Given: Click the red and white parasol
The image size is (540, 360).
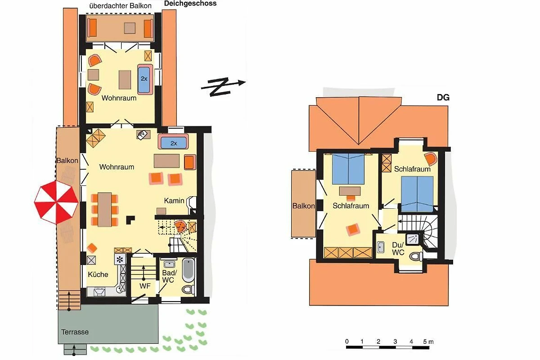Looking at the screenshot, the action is (56, 202).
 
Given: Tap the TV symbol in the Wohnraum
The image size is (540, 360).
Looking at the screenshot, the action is (143, 135).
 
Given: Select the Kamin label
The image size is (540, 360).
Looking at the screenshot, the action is (174, 201).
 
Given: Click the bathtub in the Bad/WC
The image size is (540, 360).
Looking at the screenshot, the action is (188, 270).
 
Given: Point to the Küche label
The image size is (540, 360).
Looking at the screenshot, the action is (98, 274).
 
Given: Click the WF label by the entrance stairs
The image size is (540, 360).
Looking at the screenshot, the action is (145, 286).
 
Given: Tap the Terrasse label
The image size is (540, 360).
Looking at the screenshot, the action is (75, 332).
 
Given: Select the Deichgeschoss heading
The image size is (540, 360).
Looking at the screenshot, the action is (190, 4).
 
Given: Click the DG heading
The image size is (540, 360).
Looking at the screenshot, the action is (443, 98).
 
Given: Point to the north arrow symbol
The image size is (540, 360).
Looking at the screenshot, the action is (223, 87).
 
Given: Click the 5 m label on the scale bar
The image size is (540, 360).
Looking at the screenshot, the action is (428, 342).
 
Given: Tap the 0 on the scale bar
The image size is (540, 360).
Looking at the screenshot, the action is (346, 342).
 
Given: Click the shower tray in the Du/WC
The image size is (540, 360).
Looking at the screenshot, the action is (413, 239).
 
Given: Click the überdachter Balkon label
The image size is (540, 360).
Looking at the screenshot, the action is (121, 6).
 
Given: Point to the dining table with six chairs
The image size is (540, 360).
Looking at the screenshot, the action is (104, 210).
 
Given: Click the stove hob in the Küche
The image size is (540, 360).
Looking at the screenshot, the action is (120, 260).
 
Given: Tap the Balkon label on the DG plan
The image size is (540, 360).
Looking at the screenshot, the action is (303, 206).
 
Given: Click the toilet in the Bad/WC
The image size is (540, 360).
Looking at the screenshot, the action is (188, 289).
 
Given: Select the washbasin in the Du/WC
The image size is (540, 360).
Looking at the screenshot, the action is (380, 247).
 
